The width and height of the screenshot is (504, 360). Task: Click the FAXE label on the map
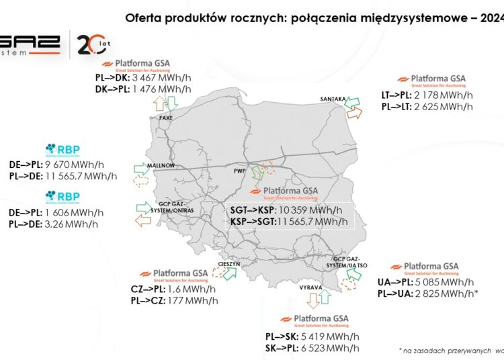coord(166,118)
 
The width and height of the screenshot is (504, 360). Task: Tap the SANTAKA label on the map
coord(333,99)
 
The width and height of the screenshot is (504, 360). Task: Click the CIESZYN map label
coord(230,265)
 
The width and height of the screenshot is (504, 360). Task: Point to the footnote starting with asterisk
coord(450,350)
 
